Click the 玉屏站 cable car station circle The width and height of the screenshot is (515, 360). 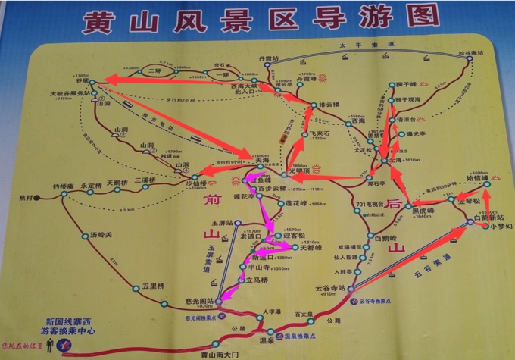[x=236, y=223]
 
